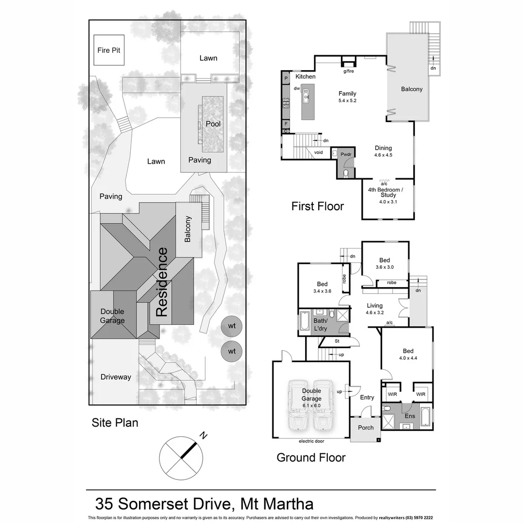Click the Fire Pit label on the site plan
tap(109, 50)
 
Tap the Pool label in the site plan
tap(213, 124)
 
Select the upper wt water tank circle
tap(232, 326)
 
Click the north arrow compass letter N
tap(204, 436)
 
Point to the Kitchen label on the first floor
tap(306, 77)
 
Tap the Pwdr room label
tap(346, 154)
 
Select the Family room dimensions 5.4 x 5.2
tap(347, 101)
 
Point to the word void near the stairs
tap(319, 152)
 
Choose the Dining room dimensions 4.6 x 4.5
tap(383, 155)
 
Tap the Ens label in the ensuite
tap(410, 416)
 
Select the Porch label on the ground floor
tap(366, 428)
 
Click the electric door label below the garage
tap(311, 441)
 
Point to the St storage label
tap(338, 341)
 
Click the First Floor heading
tap(318, 206)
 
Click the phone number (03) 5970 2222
tap(418, 518)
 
